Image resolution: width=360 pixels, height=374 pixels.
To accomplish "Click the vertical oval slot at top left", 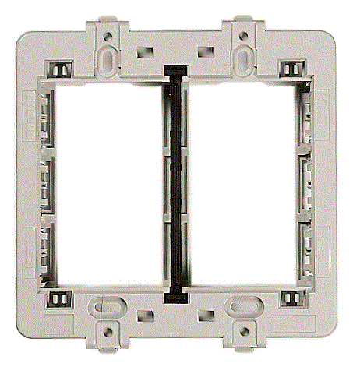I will click(107, 58).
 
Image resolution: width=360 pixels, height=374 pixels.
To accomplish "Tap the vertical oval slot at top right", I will click(245, 58).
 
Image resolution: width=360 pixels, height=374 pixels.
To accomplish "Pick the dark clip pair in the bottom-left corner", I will click(56, 297).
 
